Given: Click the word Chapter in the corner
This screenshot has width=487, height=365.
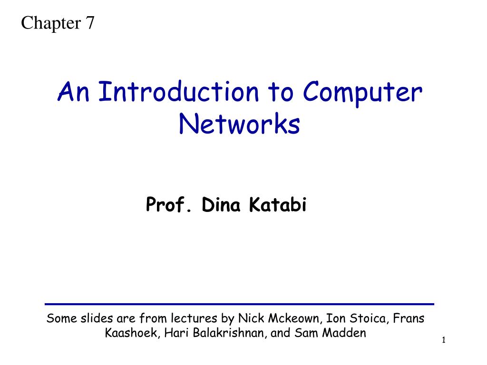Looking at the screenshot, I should [x=50, y=22].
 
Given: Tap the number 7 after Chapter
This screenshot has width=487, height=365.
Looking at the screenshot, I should [x=90, y=22].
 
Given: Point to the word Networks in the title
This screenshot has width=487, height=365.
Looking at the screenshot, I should [x=240, y=125].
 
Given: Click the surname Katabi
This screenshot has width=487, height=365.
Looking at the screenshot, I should [x=279, y=205].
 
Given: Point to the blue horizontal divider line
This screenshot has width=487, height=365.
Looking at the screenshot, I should [x=240, y=304].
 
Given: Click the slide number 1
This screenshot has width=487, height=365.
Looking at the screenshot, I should [x=444, y=340].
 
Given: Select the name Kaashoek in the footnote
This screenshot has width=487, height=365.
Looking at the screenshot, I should [x=132, y=333].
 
